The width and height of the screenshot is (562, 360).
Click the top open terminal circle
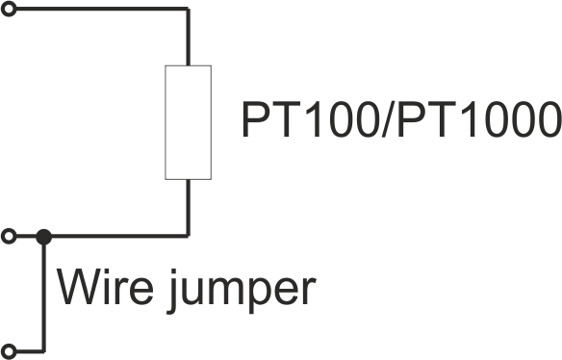point(9,9)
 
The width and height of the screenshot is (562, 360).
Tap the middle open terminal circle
point(9,236)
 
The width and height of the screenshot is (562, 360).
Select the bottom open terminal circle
point(9,351)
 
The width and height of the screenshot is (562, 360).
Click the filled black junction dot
point(43,237)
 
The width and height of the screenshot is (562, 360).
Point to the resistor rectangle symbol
point(189,122)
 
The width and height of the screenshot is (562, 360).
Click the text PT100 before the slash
point(311,119)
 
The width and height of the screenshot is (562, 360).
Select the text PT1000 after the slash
point(479,119)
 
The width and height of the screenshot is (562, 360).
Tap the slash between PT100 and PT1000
point(388,119)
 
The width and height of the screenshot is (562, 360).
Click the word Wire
point(105,287)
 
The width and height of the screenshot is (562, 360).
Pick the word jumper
point(241,291)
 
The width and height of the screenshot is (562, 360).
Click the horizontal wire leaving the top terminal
point(102,9)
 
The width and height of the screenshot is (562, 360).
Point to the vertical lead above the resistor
point(188,37)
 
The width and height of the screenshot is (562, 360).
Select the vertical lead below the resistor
point(188,208)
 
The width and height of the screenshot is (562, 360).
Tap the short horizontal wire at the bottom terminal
point(31,351)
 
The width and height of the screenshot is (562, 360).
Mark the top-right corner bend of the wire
point(188,9)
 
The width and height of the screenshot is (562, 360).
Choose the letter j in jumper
point(172,291)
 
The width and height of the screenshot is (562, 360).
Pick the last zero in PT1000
point(548,119)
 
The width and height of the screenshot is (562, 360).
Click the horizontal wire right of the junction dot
point(120,236)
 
